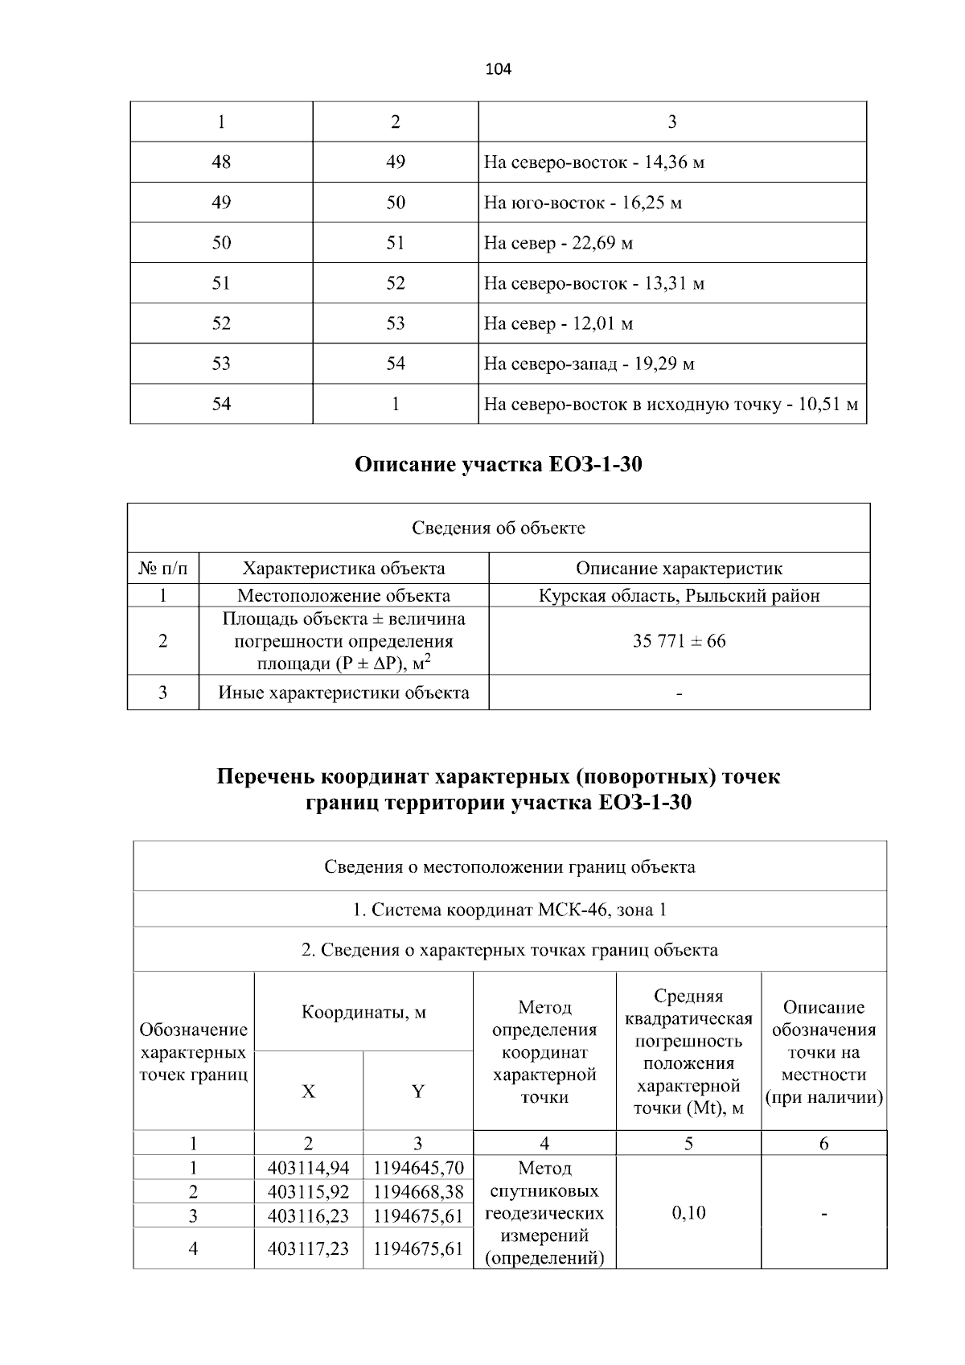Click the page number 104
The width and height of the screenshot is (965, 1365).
pos(498,69)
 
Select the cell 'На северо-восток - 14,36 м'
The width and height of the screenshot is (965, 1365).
pos(594,162)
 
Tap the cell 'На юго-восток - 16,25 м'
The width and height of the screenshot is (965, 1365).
pos(582,203)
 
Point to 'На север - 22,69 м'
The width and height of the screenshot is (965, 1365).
pos(558,243)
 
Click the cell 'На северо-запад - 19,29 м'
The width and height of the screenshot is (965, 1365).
pos(589,364)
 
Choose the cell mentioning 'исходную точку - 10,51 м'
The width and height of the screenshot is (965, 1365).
pos(671,404)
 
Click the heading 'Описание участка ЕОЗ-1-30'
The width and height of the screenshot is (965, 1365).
pos(499,465)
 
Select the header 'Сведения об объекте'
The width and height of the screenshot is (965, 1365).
pos(499,528)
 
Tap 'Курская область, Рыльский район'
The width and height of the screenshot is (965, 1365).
pos(679,596)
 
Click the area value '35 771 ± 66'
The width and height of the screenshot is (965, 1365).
pos(679,641)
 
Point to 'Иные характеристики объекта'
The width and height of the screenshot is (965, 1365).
pos(343,693)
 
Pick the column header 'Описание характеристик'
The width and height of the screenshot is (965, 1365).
pos(679,569)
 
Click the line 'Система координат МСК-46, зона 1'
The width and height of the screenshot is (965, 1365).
pos(510,910)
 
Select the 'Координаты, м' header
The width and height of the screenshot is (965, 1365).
pos(363,1012)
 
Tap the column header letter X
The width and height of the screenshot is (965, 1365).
pos(308,1092)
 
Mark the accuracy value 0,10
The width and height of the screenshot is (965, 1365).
pos(688,1212)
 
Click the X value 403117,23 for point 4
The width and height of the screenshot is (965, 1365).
pos(308,1248)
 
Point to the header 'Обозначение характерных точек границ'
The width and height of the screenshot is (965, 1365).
pos(193,1052)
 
